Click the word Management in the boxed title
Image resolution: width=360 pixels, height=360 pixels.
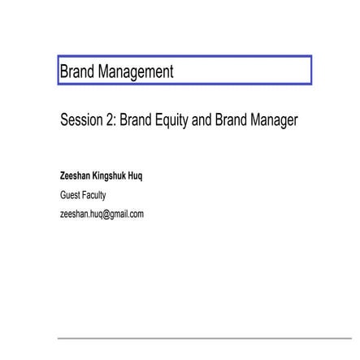coord(135,71)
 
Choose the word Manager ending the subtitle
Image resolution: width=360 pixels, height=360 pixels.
coord(275,120)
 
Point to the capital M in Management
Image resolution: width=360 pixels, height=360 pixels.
coord(102,71)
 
